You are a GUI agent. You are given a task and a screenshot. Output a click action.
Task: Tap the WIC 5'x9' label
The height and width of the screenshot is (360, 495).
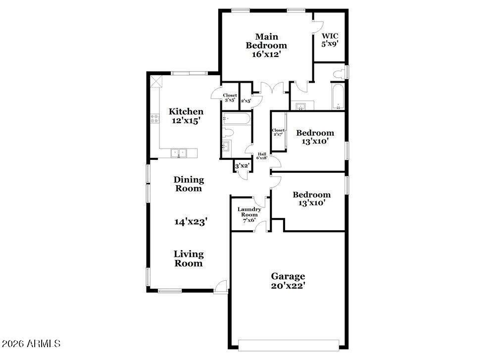(x=330, y=40)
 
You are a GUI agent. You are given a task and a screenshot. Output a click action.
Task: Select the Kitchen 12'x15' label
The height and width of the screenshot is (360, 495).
(x=186, y=116)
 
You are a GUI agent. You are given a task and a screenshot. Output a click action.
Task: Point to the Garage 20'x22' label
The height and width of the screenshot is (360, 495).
(x=288, y=281)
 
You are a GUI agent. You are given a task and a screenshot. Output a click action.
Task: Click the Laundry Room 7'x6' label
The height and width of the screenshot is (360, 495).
(x=249, y=215)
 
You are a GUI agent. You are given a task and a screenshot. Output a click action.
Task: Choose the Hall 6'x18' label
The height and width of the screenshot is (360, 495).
(x=262, y=156)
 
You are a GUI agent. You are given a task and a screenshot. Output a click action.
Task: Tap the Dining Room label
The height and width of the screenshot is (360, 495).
(x=189, y=184)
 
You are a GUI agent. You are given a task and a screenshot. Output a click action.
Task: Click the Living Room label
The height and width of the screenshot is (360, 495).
(x=189, y=258)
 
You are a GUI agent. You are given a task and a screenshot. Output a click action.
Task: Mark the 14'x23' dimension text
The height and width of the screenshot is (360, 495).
(x=191, y=222)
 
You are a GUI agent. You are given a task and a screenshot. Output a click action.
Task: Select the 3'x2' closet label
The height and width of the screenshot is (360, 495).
(x=243, y=165)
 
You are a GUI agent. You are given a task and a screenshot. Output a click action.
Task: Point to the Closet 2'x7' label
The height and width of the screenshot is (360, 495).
(x=278, y=132)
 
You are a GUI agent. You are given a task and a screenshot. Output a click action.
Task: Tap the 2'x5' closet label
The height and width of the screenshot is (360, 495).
(x=246, y=101)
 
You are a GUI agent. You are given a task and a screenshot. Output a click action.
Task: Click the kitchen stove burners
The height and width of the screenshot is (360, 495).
(x=154, y=118)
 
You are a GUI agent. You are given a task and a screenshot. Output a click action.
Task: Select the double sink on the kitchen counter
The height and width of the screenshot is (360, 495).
(x=179, y=153)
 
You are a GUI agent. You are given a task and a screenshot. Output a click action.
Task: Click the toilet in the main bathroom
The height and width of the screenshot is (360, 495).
(x=338, y=74)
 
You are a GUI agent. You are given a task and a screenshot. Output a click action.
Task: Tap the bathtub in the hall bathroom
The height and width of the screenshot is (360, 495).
(x=237, y=119)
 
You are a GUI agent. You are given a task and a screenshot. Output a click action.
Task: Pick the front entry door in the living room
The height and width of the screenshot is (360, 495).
(x=220, y=287)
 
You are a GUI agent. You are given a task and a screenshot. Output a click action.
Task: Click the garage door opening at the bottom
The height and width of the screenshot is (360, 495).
(x=289, y=345)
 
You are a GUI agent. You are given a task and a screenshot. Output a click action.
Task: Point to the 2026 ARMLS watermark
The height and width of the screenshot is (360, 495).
(x=31, y=343)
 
